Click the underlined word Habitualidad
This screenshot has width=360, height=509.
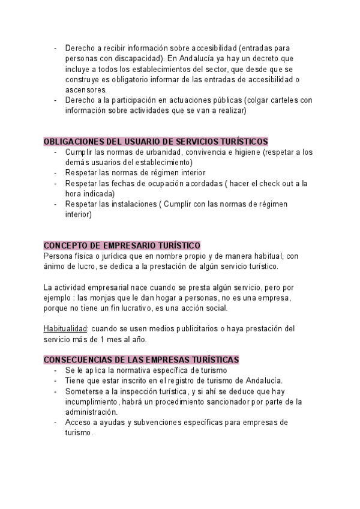[65, 328]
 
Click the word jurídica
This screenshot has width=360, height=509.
[113, 256]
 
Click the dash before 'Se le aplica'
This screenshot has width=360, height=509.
[55, 370]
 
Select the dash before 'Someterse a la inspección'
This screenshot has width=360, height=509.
[55, 391]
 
